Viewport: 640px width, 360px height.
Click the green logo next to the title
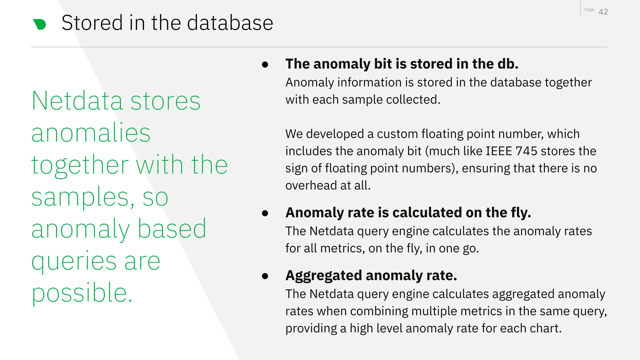40,24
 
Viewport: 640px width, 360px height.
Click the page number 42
603,12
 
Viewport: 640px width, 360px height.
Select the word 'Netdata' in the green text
77,101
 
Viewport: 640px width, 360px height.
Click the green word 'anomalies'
91,133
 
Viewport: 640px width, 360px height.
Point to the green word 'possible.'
82,293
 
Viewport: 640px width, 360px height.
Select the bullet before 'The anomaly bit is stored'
265,65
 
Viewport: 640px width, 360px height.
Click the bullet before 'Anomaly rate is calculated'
265,213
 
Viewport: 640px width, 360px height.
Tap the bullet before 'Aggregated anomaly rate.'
265,276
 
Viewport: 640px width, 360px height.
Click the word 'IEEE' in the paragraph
499,151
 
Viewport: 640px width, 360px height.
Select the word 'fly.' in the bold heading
521,213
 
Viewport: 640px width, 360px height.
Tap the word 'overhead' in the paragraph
311,186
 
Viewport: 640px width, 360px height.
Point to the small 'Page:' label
589,10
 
